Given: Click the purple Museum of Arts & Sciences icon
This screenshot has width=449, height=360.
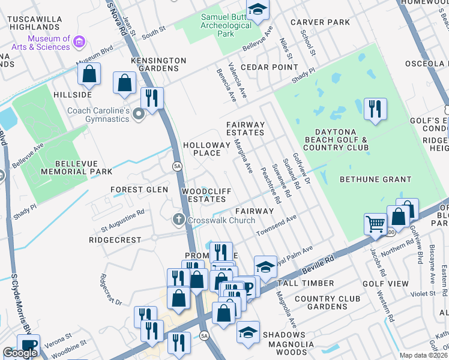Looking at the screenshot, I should pyautogui.click(x=80, y=41).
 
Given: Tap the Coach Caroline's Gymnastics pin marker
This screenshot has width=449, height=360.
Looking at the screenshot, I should pyautogui.click(x=139, y=113).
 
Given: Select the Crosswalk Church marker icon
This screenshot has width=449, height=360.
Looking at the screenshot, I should pyautogui.click(x=178, y=220).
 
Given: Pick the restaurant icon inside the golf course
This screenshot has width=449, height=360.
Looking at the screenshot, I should pyautogui.click(x=375, y=109).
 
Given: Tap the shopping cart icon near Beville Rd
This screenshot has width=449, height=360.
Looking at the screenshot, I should pyautogui.click(x=376, y=224).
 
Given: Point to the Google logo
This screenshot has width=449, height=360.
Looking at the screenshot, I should pyautogui.click(x=20, y=353).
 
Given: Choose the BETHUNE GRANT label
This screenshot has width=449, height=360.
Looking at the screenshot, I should pyautogui.click(x=375, y=179).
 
